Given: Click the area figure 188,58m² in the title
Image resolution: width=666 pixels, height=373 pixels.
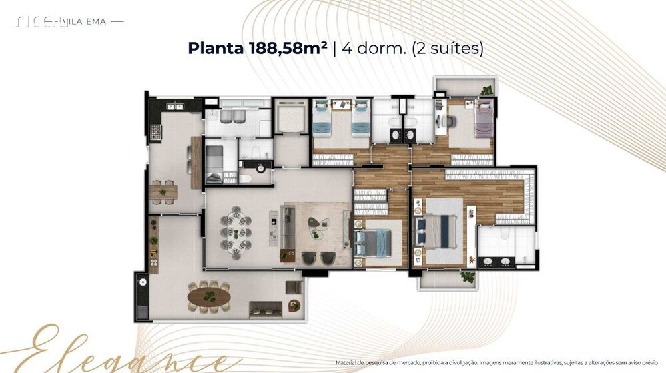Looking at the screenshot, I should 286,49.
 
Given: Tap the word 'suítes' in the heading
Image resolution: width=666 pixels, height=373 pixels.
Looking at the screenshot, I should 455,49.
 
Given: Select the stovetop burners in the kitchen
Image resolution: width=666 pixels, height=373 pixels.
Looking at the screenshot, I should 155,132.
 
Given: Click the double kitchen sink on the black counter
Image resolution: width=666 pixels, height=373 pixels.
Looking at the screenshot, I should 174,105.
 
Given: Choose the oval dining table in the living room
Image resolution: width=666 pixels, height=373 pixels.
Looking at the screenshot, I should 236,233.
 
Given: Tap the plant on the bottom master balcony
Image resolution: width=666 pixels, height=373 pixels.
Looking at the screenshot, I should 468,276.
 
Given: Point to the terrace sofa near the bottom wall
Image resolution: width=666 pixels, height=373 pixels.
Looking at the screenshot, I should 265,308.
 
